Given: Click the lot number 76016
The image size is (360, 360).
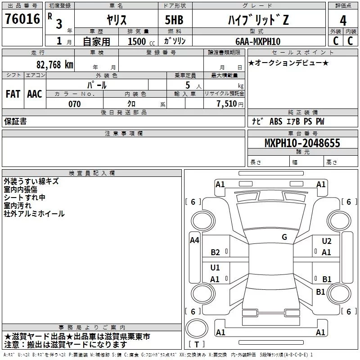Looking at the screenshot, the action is tap(22, 19).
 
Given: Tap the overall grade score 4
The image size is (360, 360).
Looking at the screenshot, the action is tap(343, 21).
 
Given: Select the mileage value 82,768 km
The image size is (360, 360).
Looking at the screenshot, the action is tap(55, 64).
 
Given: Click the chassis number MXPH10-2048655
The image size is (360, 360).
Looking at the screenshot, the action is tap(302, 143).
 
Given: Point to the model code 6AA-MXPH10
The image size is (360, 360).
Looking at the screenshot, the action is tap(258, 41).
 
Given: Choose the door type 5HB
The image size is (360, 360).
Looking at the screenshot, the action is tap(174, 20).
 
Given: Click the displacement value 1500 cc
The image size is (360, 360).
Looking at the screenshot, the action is tap(141, 41).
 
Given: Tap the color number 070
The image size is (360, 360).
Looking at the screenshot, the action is tap(75, 104).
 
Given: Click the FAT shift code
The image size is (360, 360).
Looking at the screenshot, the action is tap(13, 94).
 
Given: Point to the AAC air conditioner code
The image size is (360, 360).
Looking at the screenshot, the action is tap(35, 94).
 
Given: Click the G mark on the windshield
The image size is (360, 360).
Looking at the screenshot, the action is tap(284, 237).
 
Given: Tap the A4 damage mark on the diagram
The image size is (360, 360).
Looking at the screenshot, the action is tap(194, 240).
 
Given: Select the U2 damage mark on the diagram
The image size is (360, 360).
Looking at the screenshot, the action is tap(327, 241).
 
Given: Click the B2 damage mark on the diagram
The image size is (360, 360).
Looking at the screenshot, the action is tap(215, 252).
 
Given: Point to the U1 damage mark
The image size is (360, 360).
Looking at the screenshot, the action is tap(215, 267).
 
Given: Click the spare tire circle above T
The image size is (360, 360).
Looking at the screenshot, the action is tap(197, 328).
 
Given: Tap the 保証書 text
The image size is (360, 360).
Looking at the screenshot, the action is tap(15, 121).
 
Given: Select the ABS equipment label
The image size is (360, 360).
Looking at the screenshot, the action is tap(276, 121).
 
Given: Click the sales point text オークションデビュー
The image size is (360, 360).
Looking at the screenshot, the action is tap(288, 63).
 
